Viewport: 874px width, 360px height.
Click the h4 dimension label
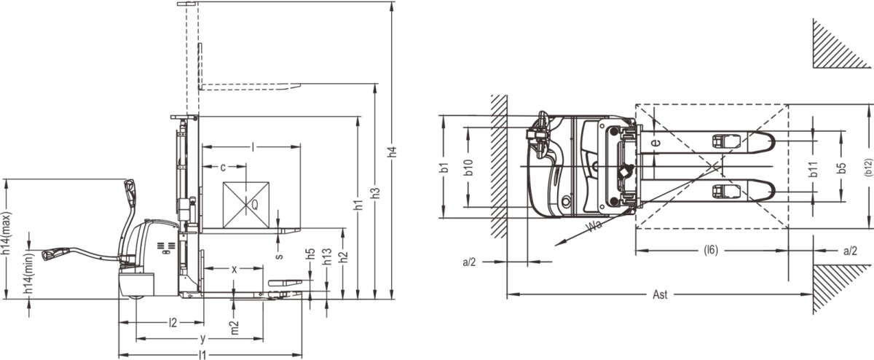[393, 152]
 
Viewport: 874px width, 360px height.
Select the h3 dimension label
[375, 193]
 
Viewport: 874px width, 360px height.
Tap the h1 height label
[358, 205]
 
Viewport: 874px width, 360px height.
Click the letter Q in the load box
[254, 205]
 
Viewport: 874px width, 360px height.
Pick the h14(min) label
[28, 273]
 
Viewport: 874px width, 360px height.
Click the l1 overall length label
[202, 355]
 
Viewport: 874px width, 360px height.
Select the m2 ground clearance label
[234, 328]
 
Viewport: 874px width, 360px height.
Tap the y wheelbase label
[202, 339]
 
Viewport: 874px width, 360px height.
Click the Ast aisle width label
[660, 294]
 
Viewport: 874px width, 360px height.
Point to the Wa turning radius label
[594, 226]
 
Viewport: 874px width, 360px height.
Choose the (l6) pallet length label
[711, 250]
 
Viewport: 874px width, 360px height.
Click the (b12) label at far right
[867, 166]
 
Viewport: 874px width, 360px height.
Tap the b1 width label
[444, 167]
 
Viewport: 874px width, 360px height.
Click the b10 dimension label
[468, 167]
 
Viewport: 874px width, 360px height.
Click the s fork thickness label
[279, 256]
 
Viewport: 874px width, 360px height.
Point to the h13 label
[327, 257]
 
